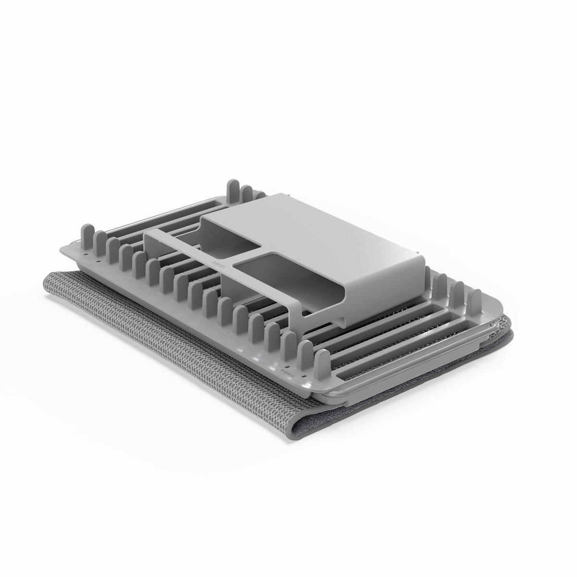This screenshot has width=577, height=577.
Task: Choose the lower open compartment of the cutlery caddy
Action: (x=267, y=277)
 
